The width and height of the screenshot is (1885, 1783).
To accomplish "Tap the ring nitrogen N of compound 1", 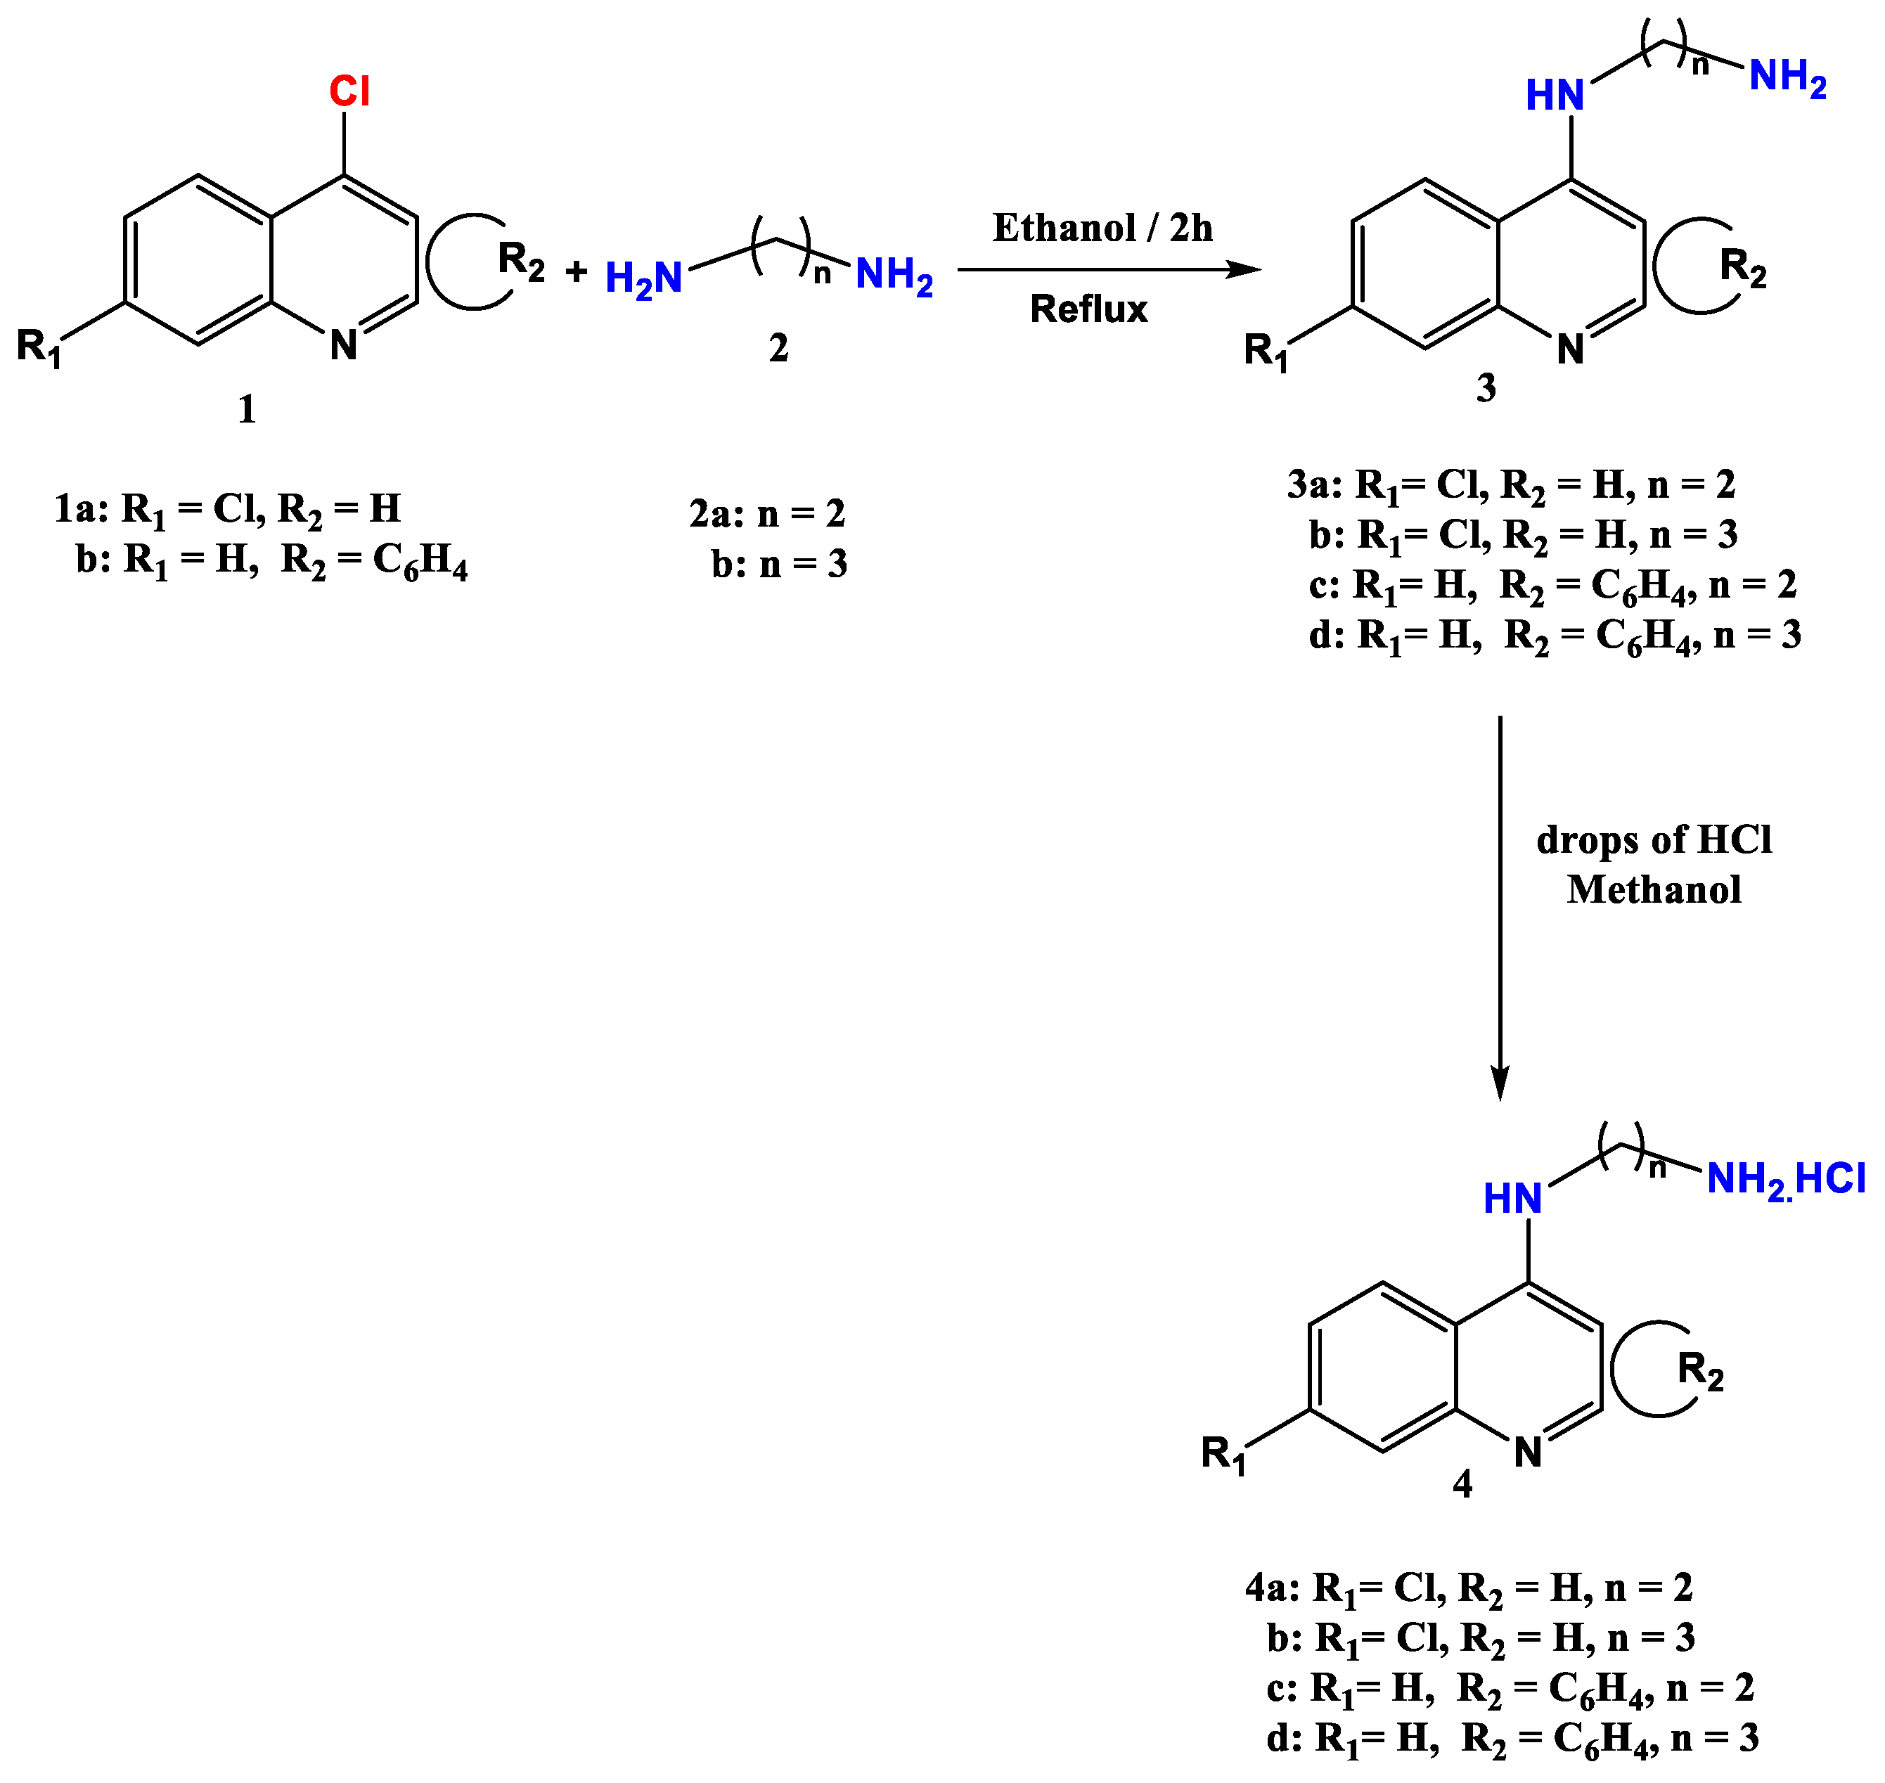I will coord(343,345).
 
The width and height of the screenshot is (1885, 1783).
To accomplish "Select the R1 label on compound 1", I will coord(39,347).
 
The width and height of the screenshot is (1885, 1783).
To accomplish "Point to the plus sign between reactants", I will coord(576,273).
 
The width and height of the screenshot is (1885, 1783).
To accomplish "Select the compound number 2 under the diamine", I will coord(778,349).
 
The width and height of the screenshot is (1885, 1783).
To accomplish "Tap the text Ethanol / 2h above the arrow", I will coord(1102,228).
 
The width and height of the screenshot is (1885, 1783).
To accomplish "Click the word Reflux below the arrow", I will coord(1088,309).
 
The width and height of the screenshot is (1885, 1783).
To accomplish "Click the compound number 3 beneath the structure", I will coord(1486,388).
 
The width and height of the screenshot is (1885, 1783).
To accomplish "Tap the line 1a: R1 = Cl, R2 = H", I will coord(228,510).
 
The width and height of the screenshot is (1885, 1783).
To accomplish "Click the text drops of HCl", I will coord(1654,840).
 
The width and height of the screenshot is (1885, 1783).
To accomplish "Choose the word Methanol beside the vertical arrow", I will coord(1654,889).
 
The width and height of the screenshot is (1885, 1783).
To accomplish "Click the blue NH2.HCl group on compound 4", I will coord(1785,1180).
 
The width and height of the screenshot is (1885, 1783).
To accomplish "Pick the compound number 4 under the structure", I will coord(1462,1483).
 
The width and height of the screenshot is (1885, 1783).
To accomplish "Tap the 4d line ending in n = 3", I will coord(1512,1738).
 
